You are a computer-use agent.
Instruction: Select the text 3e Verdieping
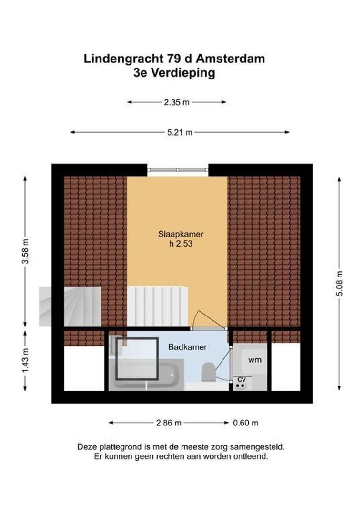[174, 73]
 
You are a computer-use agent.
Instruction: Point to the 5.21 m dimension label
[180, 133]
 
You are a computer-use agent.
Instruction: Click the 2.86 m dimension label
[168, 423]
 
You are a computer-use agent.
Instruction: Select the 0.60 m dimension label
[245, 423]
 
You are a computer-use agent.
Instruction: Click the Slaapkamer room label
[181, 234]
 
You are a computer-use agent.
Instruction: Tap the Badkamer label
[187, 347]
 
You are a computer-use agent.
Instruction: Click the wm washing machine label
[254, 360]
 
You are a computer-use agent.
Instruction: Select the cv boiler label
[241, 379]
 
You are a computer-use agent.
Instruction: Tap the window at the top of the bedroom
[177, 170]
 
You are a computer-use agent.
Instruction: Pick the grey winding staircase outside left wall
[70, 306]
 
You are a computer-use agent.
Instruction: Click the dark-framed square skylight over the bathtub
[138, 358]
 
